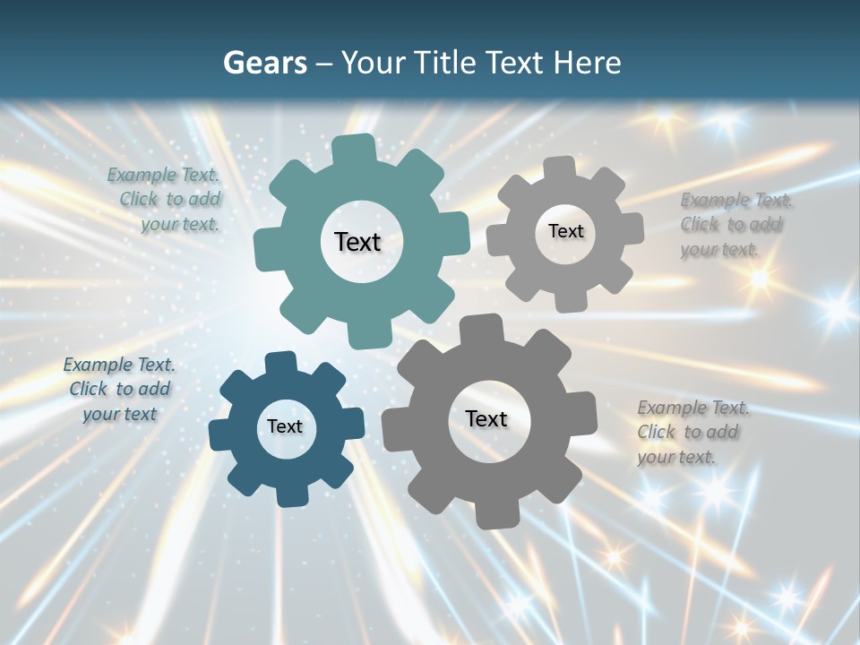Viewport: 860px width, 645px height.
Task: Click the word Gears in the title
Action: (264, 63)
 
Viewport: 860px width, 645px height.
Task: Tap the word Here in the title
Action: (588, 63)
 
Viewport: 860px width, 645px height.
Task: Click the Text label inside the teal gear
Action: (358, 242)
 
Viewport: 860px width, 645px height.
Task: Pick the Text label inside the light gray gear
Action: (566, 231)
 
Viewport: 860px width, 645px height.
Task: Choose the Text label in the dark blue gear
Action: (285, 426)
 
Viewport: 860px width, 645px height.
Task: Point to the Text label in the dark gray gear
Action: (486, 419)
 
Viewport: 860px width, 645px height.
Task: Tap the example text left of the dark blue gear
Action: (119, 390)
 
